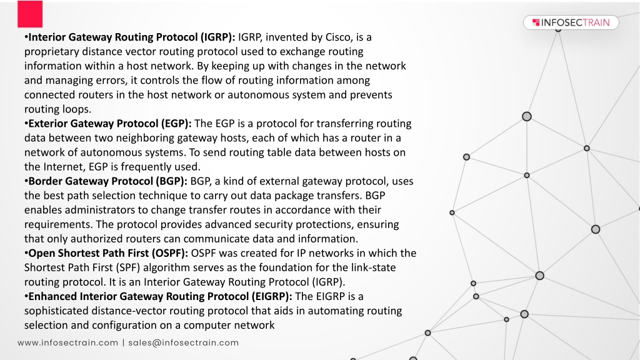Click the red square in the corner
[x=30, y=14]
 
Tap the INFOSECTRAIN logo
[x=571, y=22]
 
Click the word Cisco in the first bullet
[x=338, y=37]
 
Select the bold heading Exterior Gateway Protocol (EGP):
[x=110, y=124]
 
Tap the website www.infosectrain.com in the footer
[x=67, y=343]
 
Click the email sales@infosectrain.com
[x=184, y=343]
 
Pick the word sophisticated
[x=56, y=311]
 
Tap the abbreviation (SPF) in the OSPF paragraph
[x=127, y=267]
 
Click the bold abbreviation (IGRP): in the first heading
[x=217, y=37]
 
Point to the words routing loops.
[x=57, y=109]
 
